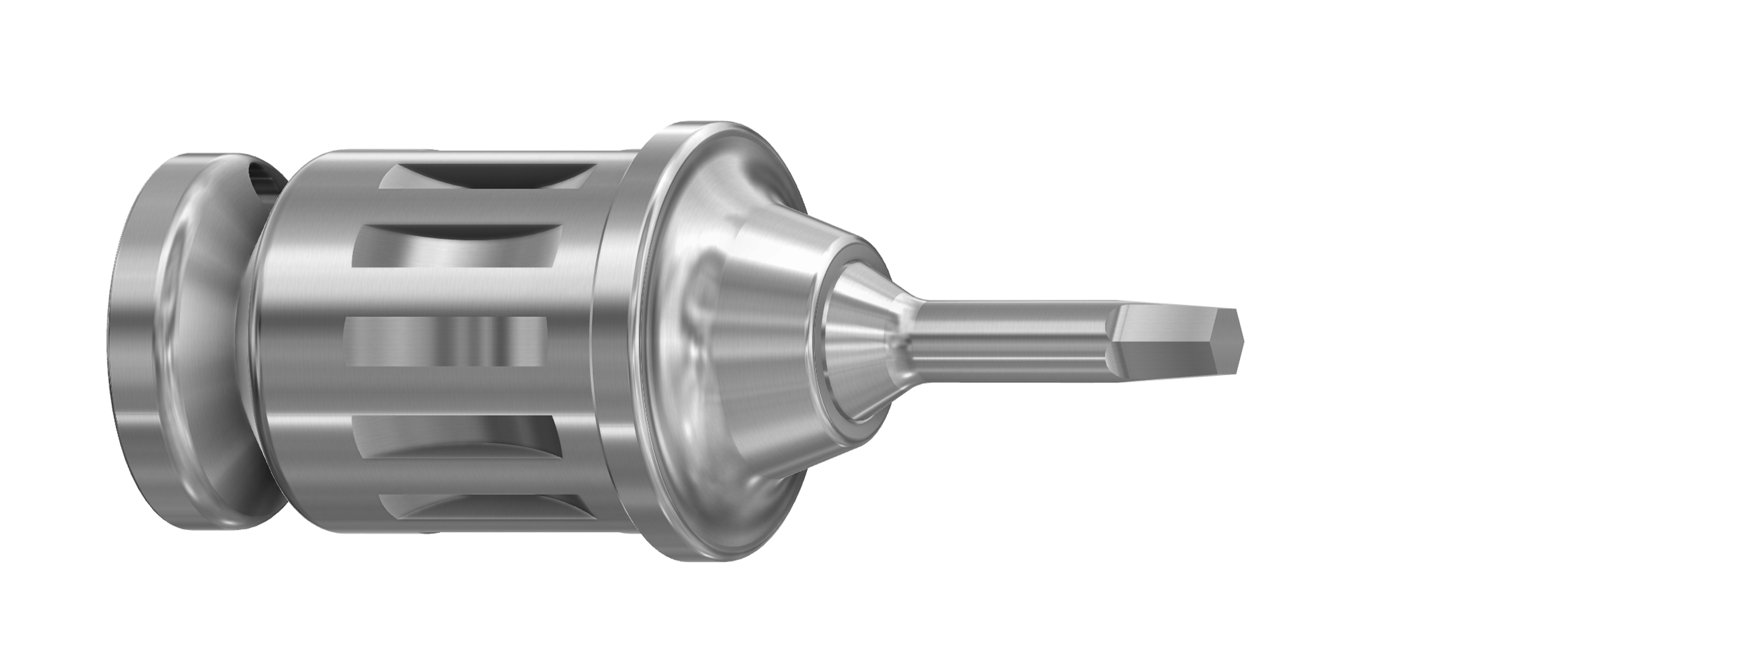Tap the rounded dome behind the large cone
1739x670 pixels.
point(709,222)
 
